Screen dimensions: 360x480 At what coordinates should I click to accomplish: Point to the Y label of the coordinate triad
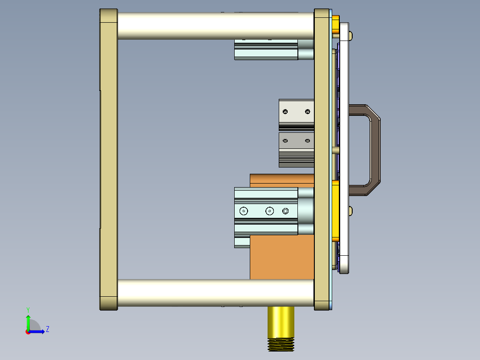coord(28,309)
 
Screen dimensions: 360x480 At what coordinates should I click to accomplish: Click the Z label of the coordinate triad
coord(47,329)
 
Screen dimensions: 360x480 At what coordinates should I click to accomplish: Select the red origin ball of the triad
coord(28,331)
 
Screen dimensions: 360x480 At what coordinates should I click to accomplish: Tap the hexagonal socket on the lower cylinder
coord(285,211)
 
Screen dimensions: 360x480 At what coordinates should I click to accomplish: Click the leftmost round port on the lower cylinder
coord(243,211)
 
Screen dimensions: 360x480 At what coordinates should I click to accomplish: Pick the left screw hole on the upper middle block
coord(285,111)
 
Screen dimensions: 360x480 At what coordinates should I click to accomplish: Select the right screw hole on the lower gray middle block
coord(307,141)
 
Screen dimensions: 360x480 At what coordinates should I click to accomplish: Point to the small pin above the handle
coord(351,35)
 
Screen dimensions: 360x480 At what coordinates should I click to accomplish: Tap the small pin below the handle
coord(351,210)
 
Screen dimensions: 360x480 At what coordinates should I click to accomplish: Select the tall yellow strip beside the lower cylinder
coord(336,209)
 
